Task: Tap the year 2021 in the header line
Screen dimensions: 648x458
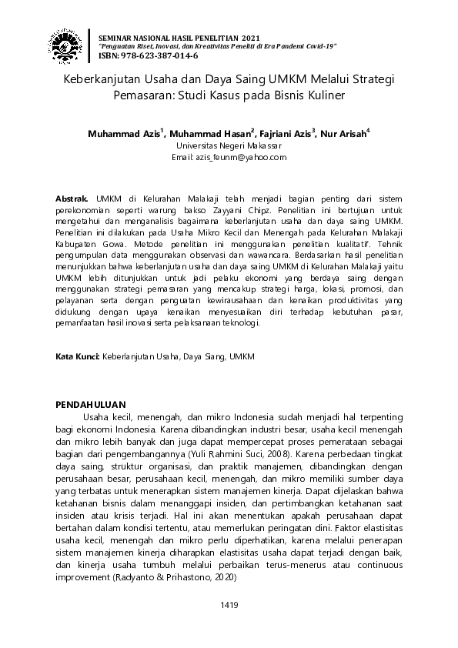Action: pos(251,38)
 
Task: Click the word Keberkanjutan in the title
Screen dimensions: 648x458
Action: pos(100,79)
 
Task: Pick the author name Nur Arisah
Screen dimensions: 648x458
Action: pos(343,133)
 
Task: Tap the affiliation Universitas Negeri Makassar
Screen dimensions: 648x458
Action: pos(229,145)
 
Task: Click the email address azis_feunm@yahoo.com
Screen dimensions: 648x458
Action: pos(229,156)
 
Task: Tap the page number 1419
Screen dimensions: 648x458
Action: pos(229,605)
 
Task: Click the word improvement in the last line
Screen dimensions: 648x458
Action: pos(83,576)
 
